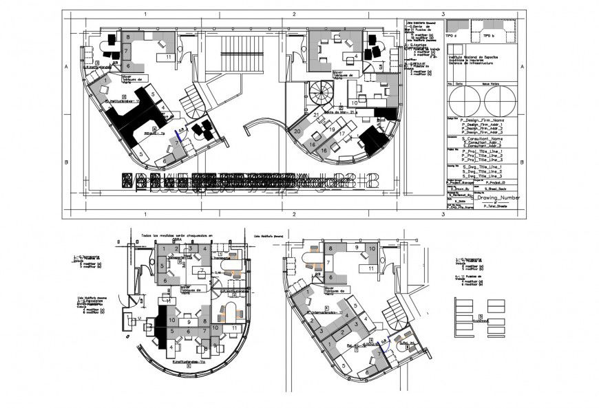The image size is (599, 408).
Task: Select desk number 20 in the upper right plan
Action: pyautogui.click(x=297, y=131)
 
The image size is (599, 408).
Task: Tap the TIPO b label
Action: pyautogui.click(x=488, y=34)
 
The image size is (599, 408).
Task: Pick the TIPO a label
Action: pyautogui.click(x=451, y=34)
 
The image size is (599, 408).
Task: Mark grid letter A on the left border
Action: pyautogui.click(x=66, y=67)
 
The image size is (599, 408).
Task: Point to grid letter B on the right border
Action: pyautogui.click(x=523, y=162)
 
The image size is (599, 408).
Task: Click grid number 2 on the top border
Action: pyautogui.click(x=293, y=14)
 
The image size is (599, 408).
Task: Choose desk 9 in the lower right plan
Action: pyautogui.click(x=356, y=246)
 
